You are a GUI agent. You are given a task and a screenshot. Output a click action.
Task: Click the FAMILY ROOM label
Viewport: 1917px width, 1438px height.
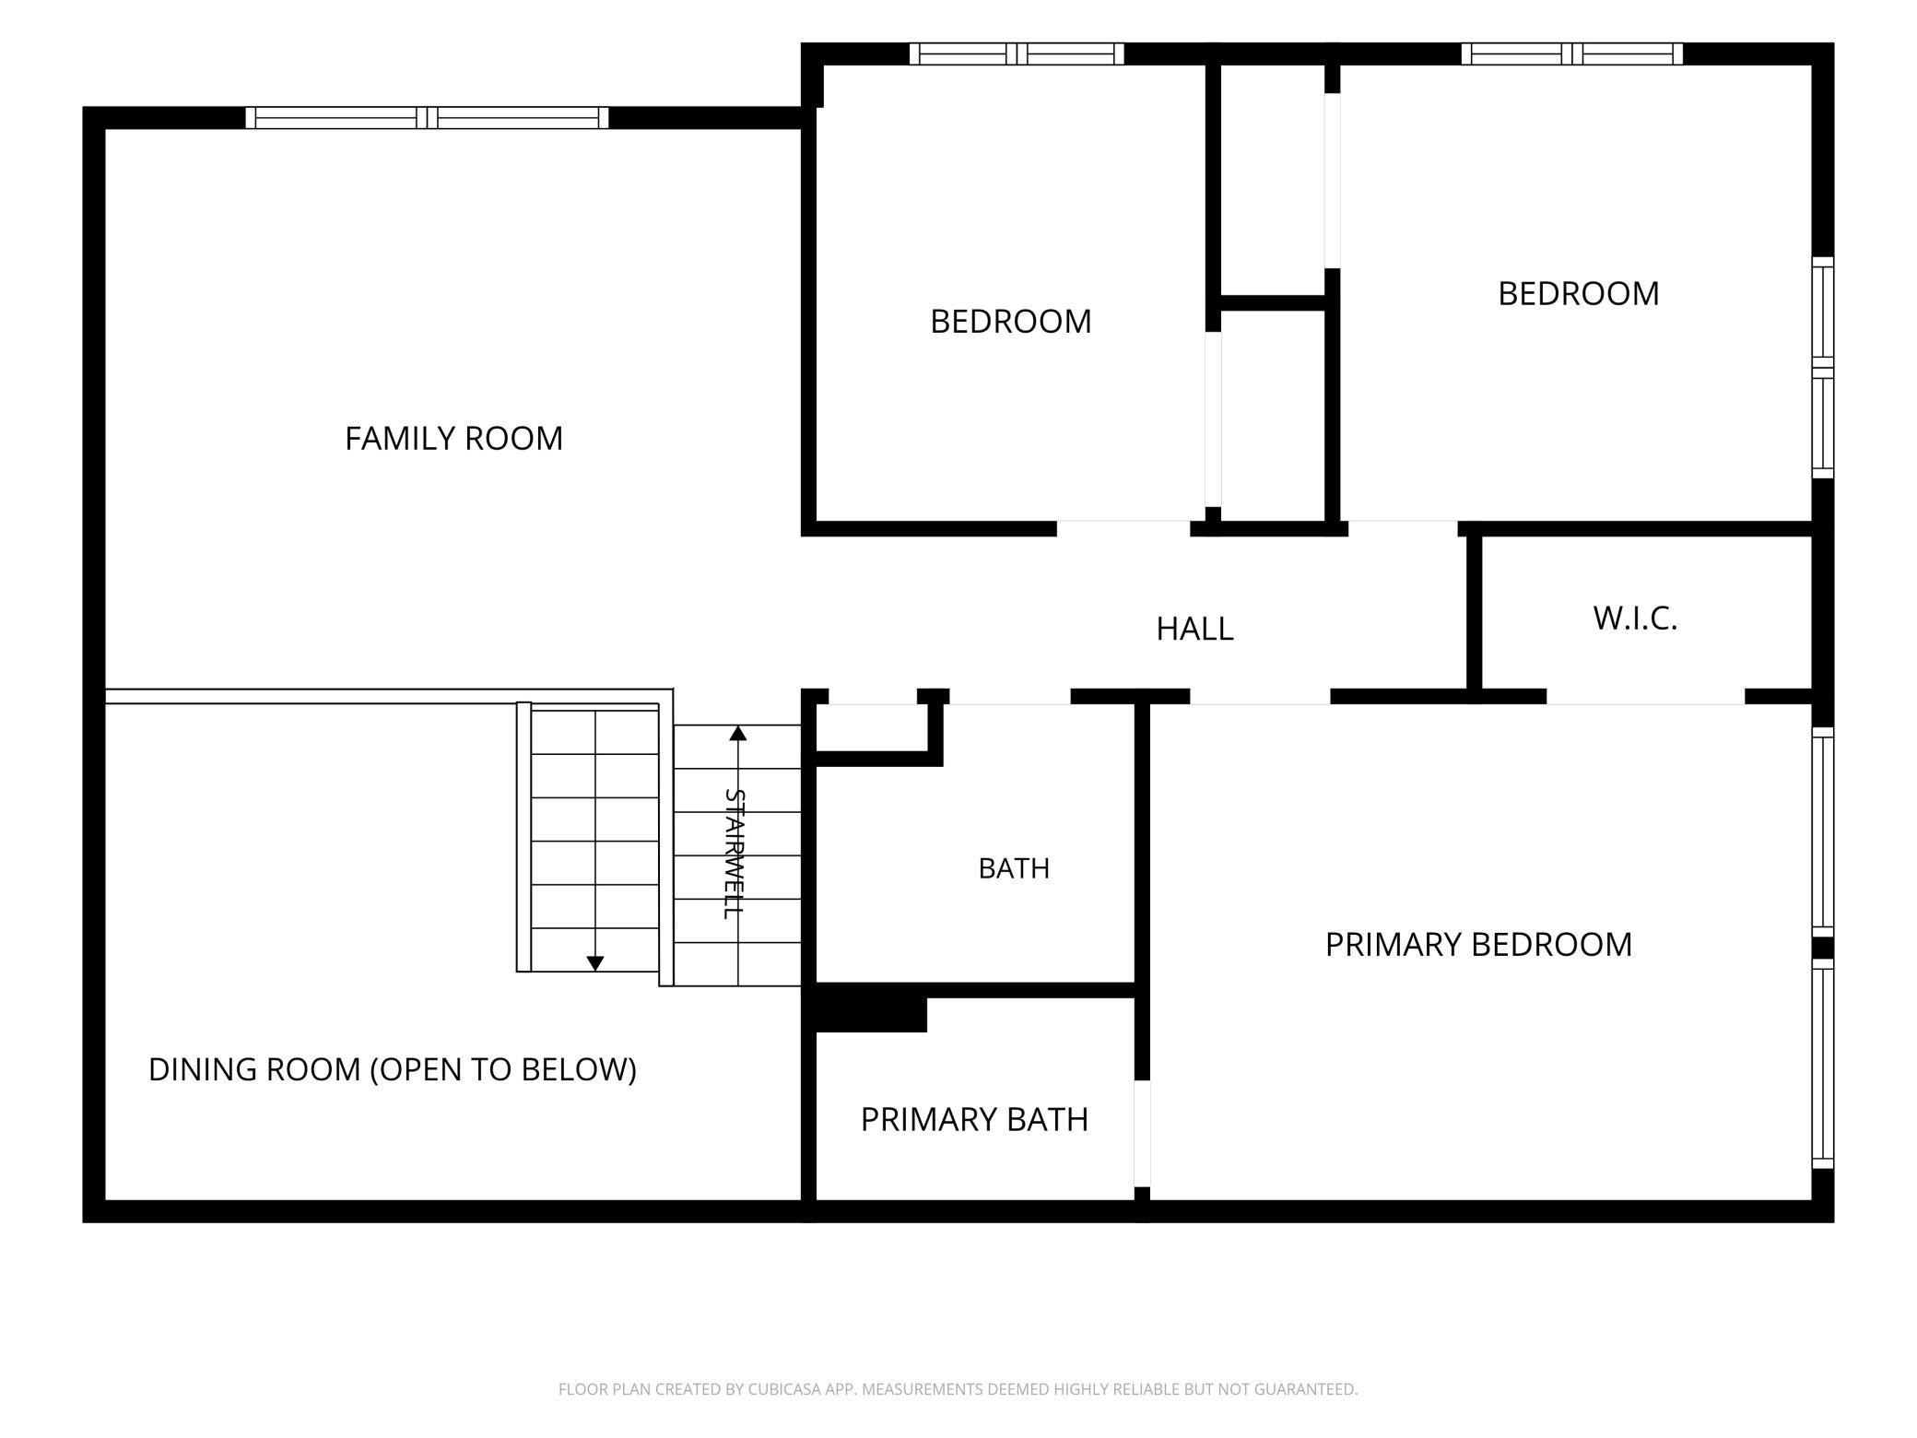coord(453,438)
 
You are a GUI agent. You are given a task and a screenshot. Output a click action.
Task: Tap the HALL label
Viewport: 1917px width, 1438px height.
coord(1194,629)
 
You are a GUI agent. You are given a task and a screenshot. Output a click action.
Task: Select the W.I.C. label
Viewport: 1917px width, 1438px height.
coord(1635,619)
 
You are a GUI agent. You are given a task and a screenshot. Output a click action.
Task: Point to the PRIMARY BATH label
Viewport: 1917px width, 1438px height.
coord(974,1119)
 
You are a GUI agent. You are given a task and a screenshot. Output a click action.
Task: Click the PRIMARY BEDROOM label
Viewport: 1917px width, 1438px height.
coord(1478,944)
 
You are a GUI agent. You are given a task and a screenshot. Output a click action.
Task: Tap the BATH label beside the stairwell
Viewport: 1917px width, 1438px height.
coord(1014,868)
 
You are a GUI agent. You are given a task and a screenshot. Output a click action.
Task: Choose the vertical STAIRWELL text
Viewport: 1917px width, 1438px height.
coord(734,854)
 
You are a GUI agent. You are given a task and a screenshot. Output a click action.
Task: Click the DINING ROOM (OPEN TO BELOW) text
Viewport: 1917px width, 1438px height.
coord(393,1069)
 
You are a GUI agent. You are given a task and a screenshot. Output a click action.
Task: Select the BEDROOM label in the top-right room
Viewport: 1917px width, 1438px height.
coord(1578,293)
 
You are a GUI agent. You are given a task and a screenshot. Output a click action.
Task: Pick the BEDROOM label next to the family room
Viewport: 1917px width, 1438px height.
coord(1010,321)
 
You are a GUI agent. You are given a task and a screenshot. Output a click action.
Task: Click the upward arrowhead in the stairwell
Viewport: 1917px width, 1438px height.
coord(737,734)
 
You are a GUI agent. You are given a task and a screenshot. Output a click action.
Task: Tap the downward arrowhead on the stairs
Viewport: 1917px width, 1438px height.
coord(595,963)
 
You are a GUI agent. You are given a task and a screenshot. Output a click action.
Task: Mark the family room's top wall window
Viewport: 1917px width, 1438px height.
coord(427,118)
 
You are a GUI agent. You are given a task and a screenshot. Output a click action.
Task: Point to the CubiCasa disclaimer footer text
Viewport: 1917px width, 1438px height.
coord(958,1389)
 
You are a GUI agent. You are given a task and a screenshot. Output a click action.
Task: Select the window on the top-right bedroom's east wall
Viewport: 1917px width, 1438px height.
coord(1823,368)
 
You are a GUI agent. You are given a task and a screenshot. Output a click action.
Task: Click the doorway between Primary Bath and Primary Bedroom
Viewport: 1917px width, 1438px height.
coord(1142,1134)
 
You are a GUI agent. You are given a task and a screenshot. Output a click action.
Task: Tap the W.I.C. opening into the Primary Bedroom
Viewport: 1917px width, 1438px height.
coord(1645,697)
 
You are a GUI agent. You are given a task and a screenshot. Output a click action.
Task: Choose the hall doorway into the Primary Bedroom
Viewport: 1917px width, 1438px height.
coord(1260,697)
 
